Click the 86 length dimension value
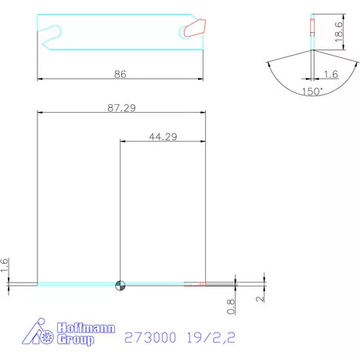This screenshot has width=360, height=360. pyautogui.click(x=120, y=74)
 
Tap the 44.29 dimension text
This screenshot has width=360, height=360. pyautogui.click(x=162, y=136)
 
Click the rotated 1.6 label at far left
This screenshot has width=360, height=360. pyautogui.click(x=5, y=266)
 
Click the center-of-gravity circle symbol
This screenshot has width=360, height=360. pyautogui.click(x=119, y=285)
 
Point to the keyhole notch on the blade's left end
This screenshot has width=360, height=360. pyautogui.click(x=52, y=31)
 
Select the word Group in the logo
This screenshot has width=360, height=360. pyautogui.click(x=75, y=340)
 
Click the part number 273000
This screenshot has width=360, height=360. pyautogui.click(x=149, y=339)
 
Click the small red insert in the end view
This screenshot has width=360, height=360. pyautogui.click(x=312, y=27)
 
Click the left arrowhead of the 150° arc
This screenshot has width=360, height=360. pyautogui.click(x=268, y=63)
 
